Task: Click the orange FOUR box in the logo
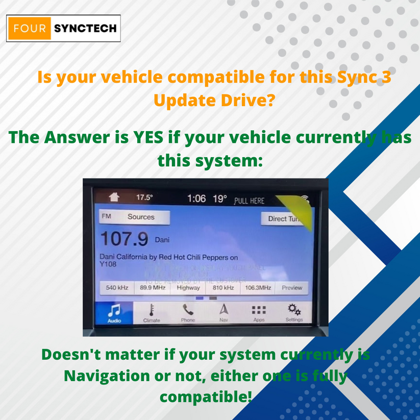tap(30, 29)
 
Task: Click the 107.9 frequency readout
tap(124, 238)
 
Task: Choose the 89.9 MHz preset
tap(153, 288)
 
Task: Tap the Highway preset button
tap(188, 288)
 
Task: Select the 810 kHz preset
tap(223, 288)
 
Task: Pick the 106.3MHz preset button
tap(258, 288)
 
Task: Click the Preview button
tap(292, 288)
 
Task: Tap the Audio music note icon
tap(115, 310)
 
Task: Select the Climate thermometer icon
tap(152, 310)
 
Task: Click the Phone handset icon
tap(188, 309)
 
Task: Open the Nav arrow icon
tap(224, 309)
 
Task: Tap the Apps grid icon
tap(259, 310)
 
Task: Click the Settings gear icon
tap(294, 309)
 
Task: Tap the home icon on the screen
tap(114, 197)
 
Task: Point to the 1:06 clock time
tap(196, 198)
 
